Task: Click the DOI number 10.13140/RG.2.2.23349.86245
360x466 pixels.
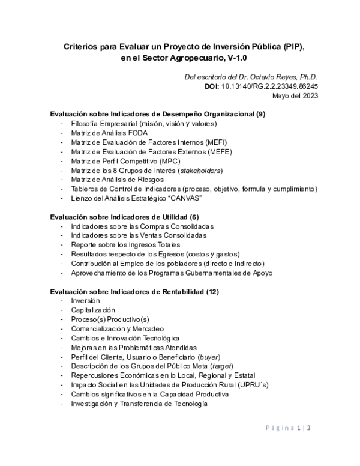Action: coord(269,86)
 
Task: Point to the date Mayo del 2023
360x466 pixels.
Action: coord(295,95)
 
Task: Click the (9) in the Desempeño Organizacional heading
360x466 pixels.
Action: coord(260,114)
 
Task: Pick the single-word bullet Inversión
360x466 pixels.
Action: coord(85,300)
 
